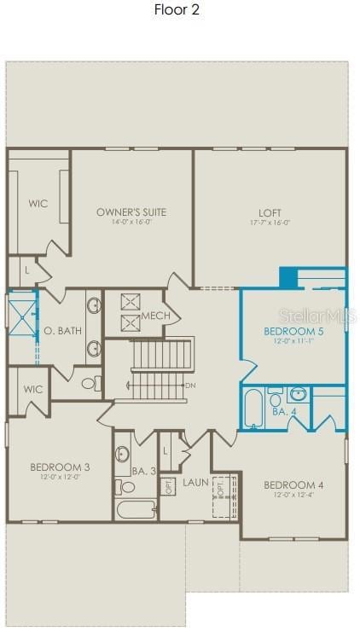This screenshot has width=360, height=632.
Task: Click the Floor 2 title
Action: pos(177,10)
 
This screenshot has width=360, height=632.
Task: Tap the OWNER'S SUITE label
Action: pos(131,212)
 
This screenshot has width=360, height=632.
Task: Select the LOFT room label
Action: pos(270,213)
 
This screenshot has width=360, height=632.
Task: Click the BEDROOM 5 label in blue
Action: pos(293,331)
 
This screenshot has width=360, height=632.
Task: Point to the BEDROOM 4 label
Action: pos(293,485)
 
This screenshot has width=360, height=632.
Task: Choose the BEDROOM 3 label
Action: pos(60,467)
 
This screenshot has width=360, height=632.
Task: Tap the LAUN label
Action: pos(195,483)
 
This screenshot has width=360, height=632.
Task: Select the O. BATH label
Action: pos(62,330)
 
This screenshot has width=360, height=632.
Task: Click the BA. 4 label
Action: pos(284,411)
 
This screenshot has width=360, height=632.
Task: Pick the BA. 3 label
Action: pos(144,470)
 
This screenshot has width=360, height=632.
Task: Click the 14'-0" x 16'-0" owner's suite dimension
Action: pos(131,223)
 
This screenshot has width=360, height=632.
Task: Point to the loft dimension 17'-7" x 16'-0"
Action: pos(270,223)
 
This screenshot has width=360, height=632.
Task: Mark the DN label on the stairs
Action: pos(190,386)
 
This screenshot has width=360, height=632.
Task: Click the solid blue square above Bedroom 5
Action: pos(288,278)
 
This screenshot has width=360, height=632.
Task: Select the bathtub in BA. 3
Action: pos(136,509)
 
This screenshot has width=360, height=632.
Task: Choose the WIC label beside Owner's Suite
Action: pos(38,204)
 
